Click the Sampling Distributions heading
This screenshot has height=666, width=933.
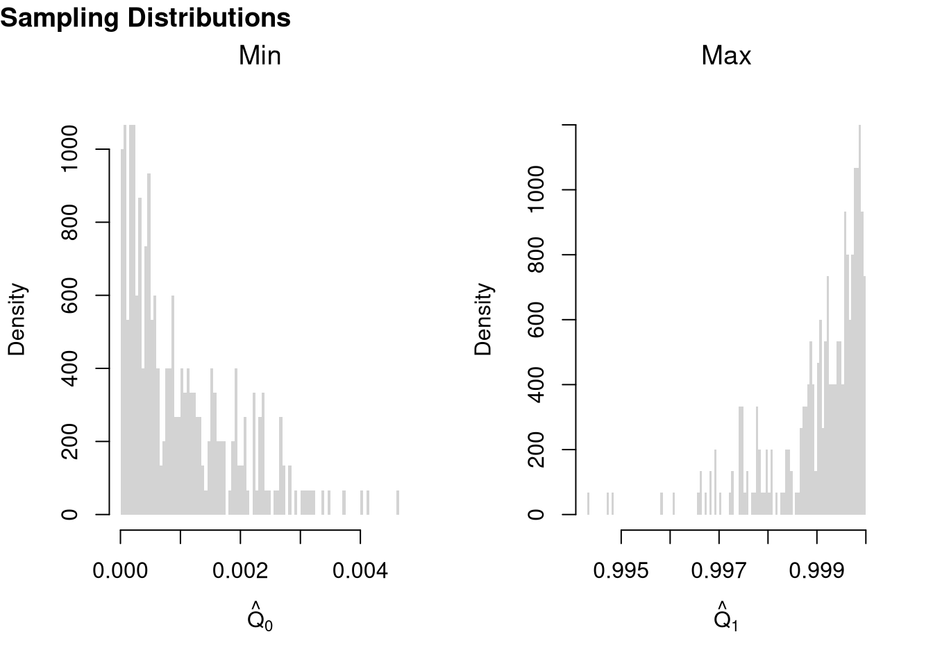click(x=145, y=18)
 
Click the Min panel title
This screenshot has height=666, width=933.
click(x=260, y=55)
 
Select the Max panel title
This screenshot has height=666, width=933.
click(x=726, y=55)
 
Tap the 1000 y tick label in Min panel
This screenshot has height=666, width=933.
click(x=69, y=149)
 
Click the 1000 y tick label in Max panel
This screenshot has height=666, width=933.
click(x=536, y=190)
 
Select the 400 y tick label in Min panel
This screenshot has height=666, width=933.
click(x=69, y=368)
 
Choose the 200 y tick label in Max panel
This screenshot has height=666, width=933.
click(x=536, y=450)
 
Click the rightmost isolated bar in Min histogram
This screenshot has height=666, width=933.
click(x=398, y=503)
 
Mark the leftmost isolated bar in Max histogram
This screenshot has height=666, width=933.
click(x=588, y=504)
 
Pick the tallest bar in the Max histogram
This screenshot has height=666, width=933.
click(x=859, y=319)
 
